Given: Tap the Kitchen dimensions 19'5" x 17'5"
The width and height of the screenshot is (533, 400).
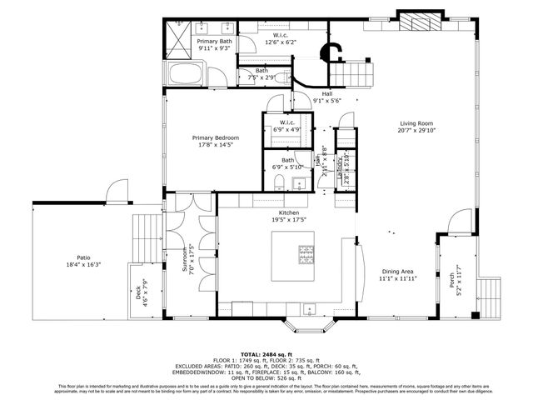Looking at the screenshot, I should click(288, 220).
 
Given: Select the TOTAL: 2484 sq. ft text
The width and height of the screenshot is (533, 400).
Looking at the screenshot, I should click(266, 354).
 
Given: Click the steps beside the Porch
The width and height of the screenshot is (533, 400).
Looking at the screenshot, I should click(491, 292).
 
